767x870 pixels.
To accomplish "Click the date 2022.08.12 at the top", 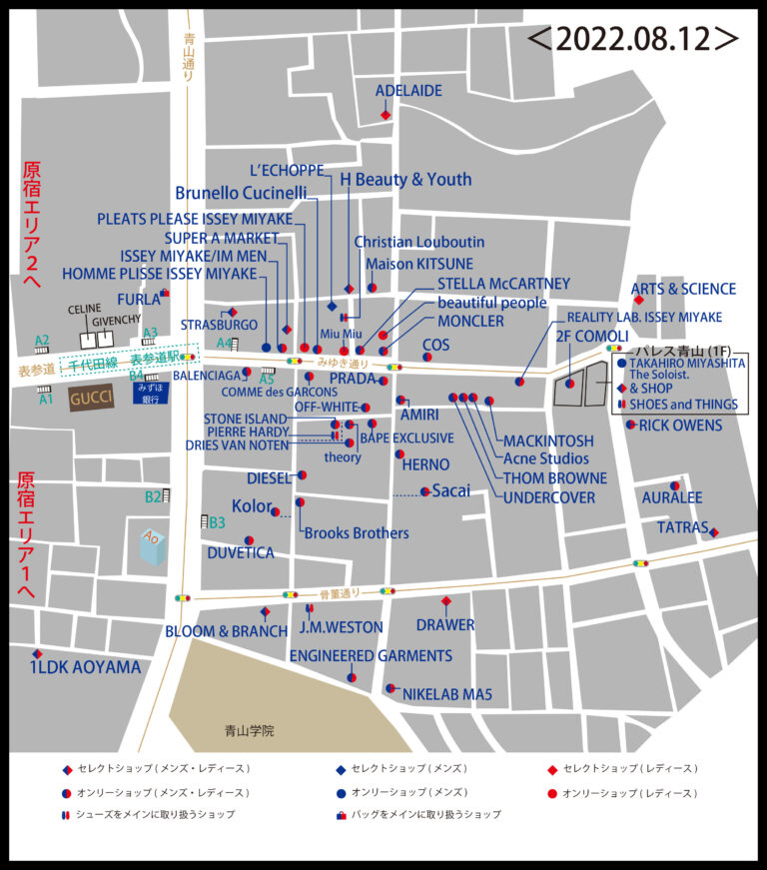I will coord(633,39).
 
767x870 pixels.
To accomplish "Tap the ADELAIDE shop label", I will coord(408,91).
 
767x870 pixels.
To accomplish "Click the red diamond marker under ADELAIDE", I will coord(385,116).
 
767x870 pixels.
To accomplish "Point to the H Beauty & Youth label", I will coord(405,180).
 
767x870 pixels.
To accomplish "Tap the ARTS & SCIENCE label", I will coord(683,289).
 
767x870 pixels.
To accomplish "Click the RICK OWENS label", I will coord(680,426).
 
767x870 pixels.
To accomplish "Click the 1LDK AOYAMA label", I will coord(85,667).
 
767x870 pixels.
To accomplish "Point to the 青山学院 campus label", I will coord(249,730).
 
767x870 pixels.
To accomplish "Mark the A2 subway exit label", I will coord(42,341).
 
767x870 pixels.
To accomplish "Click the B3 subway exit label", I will coord(217,521).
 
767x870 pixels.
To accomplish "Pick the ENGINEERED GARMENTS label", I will coord(371,656).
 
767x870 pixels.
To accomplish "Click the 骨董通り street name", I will coord(339,592).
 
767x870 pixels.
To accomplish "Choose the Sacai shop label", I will coord(449,490).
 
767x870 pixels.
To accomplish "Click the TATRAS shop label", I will coord(682,527).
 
